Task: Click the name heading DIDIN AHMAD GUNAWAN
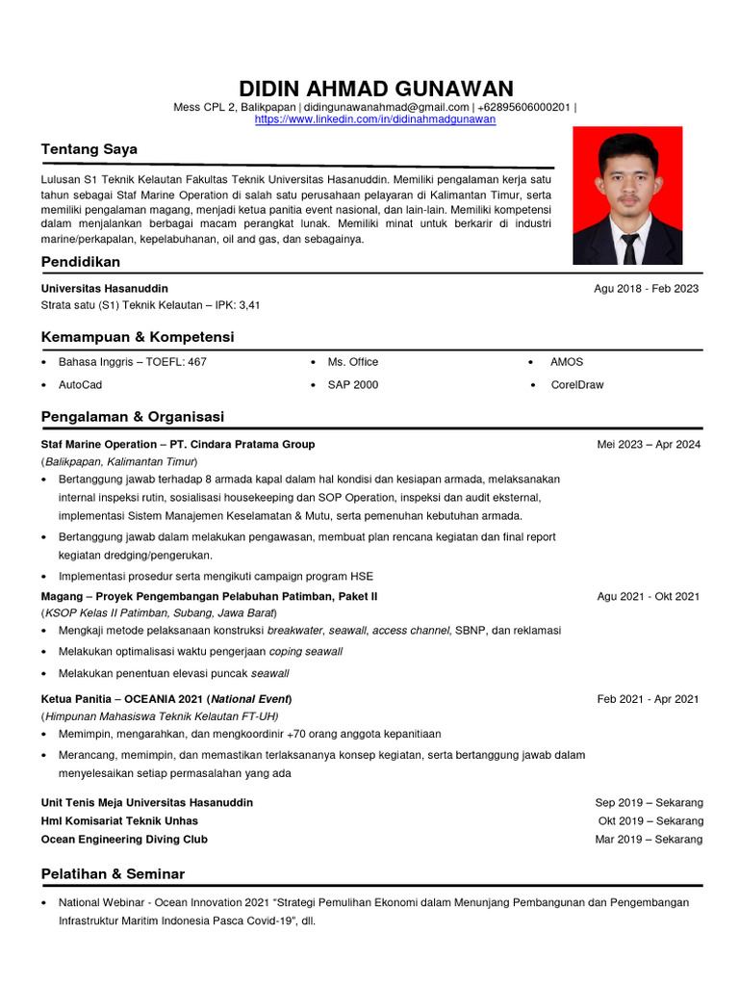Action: (375, 89)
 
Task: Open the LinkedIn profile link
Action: (374, 119)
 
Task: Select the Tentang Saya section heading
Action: (89, 149)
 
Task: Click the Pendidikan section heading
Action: (81, 262)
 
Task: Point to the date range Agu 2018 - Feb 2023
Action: (646, 288)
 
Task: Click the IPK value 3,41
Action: (248, 305)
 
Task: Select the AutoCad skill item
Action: (80, 384)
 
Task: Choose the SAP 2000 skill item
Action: (353, 384)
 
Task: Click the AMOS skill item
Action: (567, 362)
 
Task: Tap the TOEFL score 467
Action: (194, 362)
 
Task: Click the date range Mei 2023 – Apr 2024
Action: (649, 444)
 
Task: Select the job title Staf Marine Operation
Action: (98, 444)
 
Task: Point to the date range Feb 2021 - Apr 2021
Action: (648, 699)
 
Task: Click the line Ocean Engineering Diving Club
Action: (124, 839)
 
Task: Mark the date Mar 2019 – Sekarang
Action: (649, 839)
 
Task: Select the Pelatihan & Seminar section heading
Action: (113, 874)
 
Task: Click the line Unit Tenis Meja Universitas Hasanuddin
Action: (147, 802)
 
